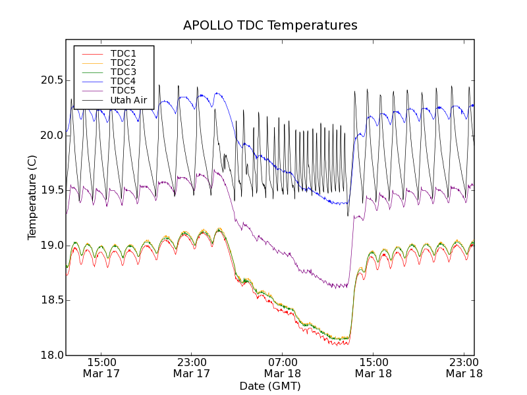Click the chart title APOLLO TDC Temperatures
point(270,26)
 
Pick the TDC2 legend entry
point(123,63)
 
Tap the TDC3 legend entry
point(123,72)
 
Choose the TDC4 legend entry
point(123,82)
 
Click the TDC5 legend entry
point(123,91)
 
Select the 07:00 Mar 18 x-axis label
point(283,367)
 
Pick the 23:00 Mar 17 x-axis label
point(192,367)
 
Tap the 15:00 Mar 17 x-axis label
point(101,367)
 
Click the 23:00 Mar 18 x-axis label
point(464,367)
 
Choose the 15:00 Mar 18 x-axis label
point(373,367)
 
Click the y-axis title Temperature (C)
point(32,197)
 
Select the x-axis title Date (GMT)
point(270,386)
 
